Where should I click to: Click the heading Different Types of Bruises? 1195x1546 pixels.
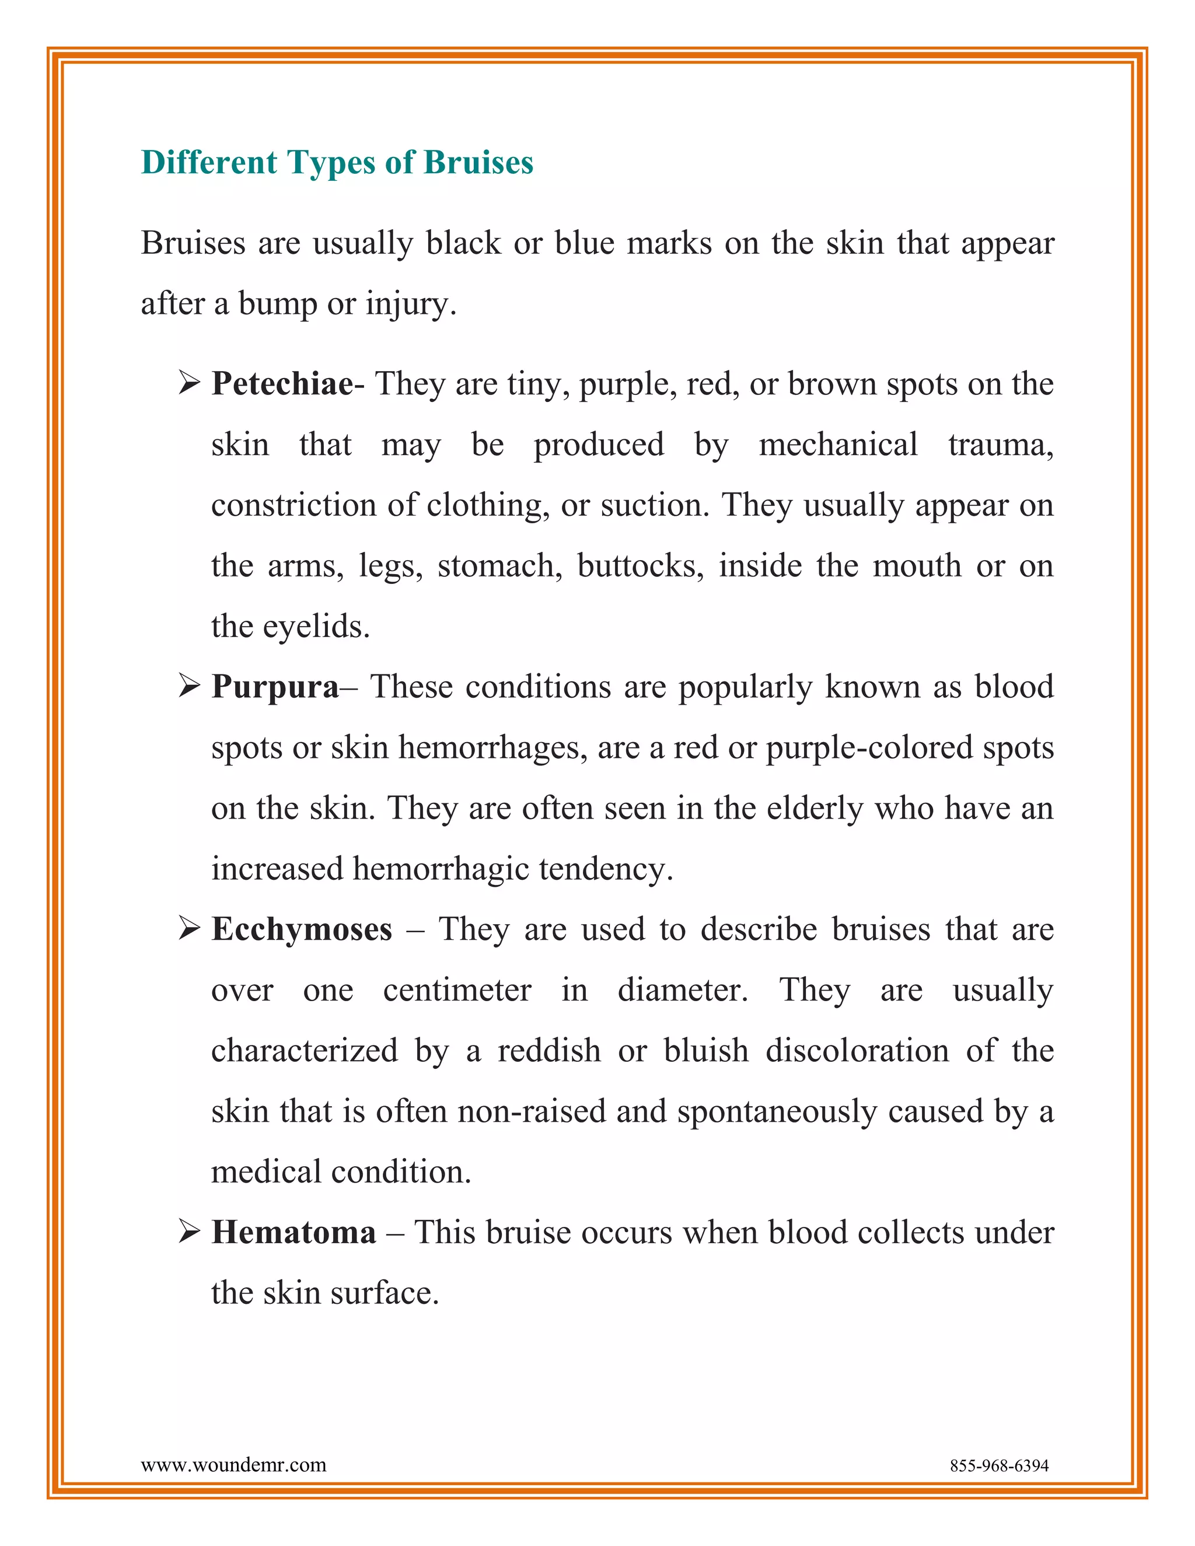337,163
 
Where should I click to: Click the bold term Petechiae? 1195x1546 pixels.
282,384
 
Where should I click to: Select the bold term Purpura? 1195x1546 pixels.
275,687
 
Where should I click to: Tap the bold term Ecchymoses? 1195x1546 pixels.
302,929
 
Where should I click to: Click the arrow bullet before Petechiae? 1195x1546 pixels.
189,384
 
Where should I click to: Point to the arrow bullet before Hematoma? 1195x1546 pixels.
189,1232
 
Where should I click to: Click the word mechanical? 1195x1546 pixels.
838,445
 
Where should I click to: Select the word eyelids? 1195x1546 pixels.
316,627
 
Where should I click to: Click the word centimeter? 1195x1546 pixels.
457,991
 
